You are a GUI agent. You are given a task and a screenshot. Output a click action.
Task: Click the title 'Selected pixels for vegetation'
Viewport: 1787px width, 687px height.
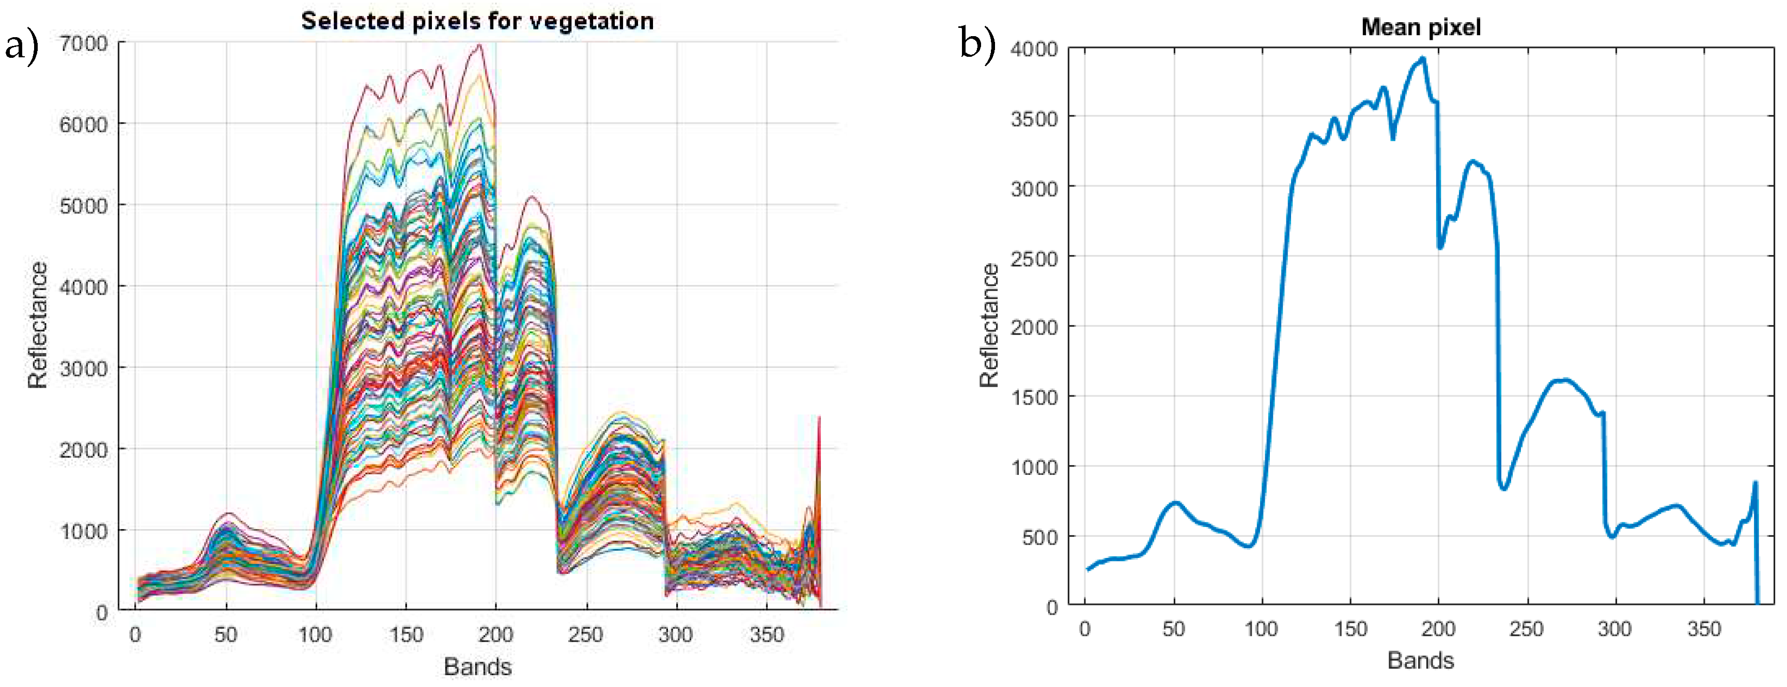pos(477,21)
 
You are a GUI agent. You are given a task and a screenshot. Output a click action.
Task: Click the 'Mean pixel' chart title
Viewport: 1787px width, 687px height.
pos(1421,27)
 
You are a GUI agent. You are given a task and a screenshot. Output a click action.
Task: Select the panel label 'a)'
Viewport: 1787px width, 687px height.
pos(21,46)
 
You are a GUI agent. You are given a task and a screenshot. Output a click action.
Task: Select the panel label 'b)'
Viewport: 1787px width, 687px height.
pos(977,42)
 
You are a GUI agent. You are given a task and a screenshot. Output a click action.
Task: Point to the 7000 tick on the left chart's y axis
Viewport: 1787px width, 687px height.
pos(83,44)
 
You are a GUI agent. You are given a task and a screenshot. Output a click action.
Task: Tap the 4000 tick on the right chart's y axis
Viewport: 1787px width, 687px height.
pos(1034,49)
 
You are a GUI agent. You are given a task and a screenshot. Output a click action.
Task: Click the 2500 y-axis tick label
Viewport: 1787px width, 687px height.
pos(1034,259)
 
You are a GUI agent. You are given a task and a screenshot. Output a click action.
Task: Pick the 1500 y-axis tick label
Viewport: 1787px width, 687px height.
pos(1034,398)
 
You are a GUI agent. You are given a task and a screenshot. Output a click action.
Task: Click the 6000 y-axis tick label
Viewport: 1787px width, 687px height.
pos(83,125)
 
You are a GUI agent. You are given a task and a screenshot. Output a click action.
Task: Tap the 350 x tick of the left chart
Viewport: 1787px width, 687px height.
pos(767,634)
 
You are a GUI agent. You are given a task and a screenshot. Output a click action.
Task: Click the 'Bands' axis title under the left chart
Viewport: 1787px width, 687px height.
pos(477,667)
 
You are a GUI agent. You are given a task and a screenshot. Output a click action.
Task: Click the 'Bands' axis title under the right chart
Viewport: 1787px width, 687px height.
pos(1420,661)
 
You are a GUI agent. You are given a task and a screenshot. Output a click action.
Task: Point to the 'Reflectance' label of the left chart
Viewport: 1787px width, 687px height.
pos(38,325)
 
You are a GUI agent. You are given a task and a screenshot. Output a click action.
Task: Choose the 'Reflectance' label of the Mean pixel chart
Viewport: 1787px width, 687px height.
pos(988,325)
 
